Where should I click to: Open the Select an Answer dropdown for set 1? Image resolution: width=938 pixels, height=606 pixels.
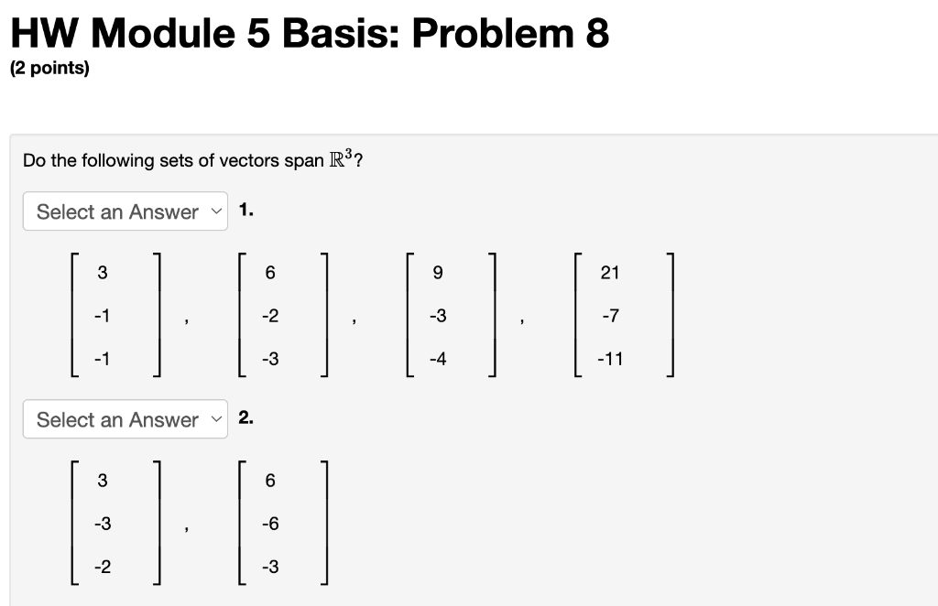coord(125,211)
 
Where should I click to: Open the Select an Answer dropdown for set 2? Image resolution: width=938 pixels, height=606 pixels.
coord(125,419)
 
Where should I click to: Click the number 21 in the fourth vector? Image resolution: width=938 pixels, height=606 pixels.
coord(610,272)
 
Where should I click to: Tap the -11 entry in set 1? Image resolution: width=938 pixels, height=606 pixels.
coord(610,359)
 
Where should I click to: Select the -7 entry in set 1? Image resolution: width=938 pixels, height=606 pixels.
coord(610,316)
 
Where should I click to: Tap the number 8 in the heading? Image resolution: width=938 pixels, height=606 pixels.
coord(596,34)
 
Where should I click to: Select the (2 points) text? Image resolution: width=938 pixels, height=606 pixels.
coord(49,70)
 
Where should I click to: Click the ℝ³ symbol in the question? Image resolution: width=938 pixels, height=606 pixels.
coord(341,159)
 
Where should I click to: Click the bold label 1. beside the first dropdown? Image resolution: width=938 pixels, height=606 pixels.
coord(246,210)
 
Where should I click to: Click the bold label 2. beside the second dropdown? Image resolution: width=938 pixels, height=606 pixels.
coord(246,417)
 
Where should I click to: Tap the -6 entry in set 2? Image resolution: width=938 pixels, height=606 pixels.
coord(269,524)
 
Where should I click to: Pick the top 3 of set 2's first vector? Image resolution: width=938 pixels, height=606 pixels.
coord(102,480)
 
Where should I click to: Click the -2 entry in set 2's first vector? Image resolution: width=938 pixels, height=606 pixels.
coord(102,568)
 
